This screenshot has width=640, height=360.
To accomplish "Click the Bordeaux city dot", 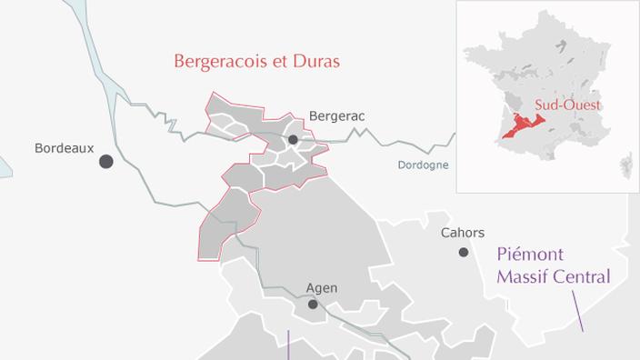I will [x=106, y=161].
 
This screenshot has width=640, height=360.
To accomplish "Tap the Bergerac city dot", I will [x=293, y=139].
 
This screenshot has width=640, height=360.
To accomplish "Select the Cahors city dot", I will [x=464, y=252].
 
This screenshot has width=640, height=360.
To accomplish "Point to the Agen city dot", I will [x=313, y=305].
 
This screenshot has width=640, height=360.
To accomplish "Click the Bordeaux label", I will [x=64, y=147].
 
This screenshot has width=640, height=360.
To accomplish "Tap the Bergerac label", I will [x=336, y=116].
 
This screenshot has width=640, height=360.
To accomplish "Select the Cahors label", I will [x=463, y=233].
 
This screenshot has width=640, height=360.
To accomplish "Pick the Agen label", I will [x=321, y=288].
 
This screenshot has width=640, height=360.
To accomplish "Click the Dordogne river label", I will [x=423, y=165].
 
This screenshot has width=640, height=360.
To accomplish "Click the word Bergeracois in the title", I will [x=222, y=62].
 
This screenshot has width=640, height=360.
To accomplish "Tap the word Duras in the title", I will [x=317, y=62].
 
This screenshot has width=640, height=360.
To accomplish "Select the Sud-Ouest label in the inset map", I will [x=568, y=105].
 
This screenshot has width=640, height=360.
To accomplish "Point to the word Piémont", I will [x=530, y=255].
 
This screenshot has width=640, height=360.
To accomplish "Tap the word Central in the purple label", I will [x=583, y=276].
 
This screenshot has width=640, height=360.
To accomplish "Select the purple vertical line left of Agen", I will [x=288, y=345].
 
